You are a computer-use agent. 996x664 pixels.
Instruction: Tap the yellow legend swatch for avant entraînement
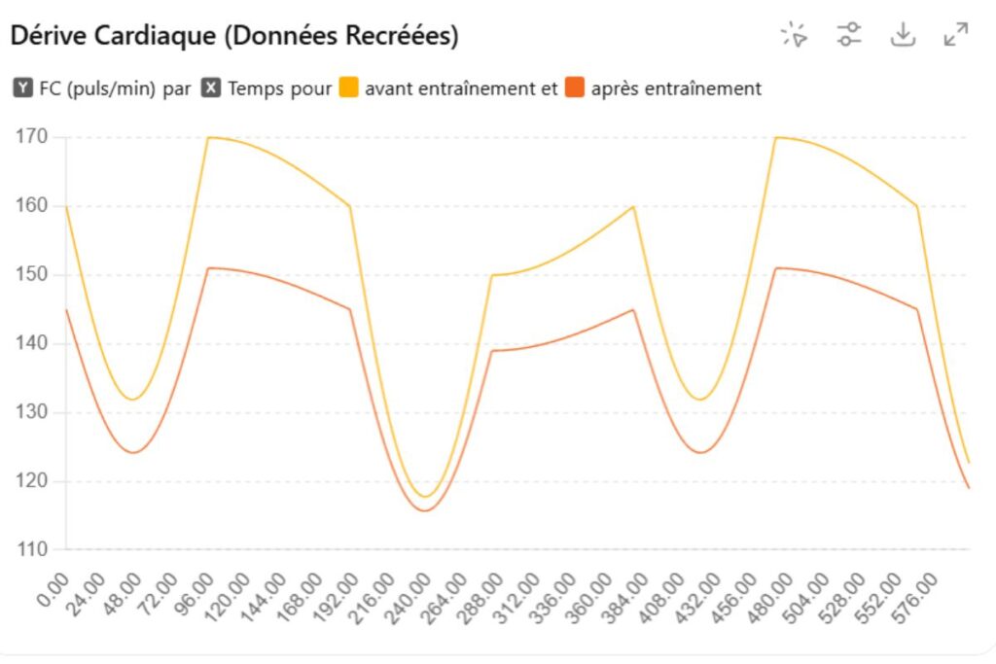(349, 88)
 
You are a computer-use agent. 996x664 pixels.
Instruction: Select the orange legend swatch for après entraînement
(576, 88)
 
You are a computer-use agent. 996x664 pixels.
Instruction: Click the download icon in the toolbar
(904, 35)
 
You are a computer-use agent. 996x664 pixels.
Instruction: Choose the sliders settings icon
(849, 35)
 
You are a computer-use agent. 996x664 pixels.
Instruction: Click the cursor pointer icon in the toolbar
(795, 35)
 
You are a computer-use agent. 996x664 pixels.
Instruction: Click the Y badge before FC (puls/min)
(23, 88)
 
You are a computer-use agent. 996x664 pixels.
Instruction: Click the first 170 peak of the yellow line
(209, 137)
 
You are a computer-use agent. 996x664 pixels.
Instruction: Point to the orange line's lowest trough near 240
(424, 510)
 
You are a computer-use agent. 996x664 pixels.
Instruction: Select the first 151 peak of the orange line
(211, 267)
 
